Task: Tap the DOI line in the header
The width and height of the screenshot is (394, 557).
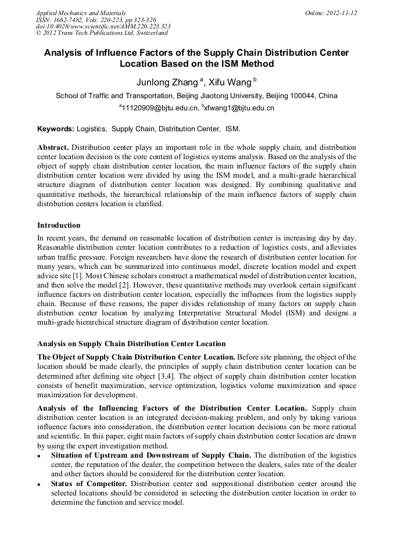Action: (103, 27)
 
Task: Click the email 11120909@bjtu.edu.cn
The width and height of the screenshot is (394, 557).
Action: (158, 108)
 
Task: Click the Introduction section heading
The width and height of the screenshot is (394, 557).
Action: (59, 225)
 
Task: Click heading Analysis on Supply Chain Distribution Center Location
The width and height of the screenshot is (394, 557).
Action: (131, 344)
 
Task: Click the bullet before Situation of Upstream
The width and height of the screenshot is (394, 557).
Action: (39, 456)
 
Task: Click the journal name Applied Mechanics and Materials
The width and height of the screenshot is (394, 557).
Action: (81, 13)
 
